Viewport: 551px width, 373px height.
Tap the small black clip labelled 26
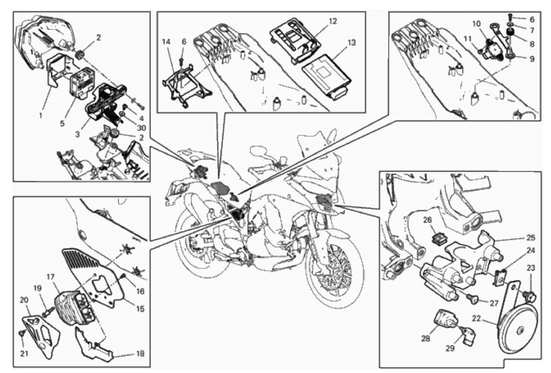(x=438, y=237)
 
